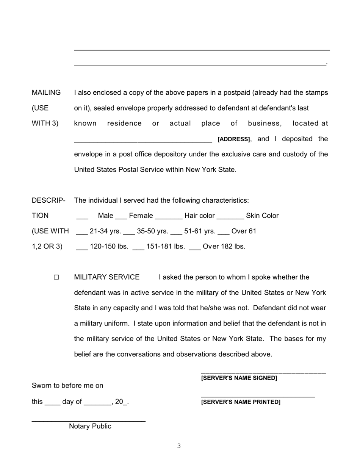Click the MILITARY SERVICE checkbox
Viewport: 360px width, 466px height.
tap(56, 277)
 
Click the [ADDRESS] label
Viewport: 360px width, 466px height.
tap(234, 139)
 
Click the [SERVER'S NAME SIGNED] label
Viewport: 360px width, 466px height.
tap(239, 378)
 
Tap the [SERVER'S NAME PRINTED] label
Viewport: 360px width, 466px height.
tap(241, 402)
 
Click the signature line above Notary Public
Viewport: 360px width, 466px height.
tap(88, 421)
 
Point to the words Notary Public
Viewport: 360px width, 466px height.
tap(90, 426)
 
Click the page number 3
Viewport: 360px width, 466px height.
tap(179, 446)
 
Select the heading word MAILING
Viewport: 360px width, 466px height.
tap(46, 93)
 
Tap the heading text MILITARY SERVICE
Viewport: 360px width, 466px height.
tap(107, 277)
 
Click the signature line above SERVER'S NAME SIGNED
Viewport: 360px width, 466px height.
tap(263, 374)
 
